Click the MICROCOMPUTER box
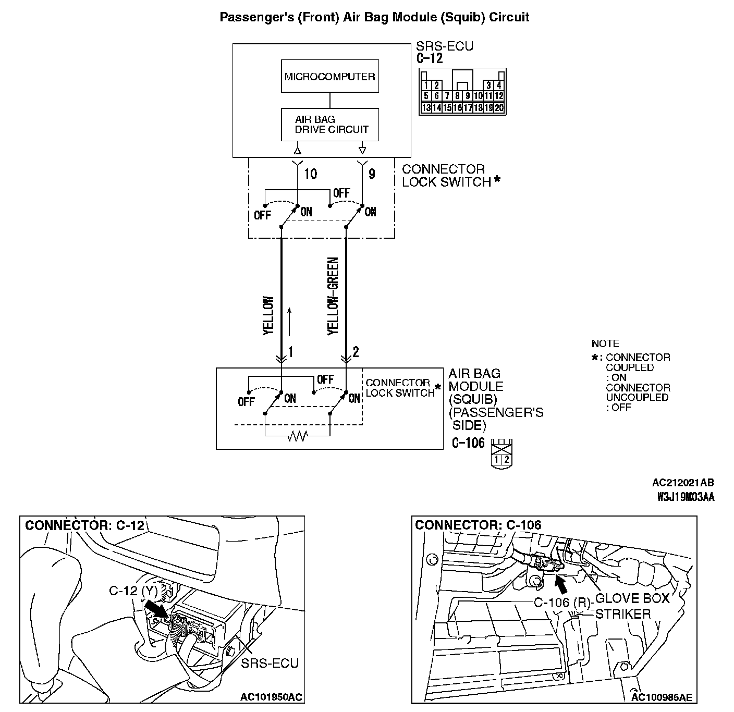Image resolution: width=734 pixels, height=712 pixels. coord(329,77)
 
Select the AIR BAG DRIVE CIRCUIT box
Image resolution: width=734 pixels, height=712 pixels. coord(329,125)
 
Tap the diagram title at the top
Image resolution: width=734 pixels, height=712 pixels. coord(374,17)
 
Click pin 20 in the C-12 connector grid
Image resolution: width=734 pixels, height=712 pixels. coord(499,108)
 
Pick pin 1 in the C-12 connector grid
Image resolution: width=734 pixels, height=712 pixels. coord(426,85)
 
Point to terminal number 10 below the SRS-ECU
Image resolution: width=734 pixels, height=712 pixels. coord(311,174)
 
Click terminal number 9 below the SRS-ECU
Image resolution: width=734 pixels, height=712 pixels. coord(372,174)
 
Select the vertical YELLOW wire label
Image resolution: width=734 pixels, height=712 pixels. coord(268,315)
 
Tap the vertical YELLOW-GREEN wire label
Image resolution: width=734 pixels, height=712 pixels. coord(333,296)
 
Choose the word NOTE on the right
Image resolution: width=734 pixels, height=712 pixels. coord(605,344)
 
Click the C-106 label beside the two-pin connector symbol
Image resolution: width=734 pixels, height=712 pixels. coord(468,444)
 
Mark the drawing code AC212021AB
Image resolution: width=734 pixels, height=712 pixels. coord(683,483)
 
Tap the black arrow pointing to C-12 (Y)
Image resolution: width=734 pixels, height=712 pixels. coord(155,608)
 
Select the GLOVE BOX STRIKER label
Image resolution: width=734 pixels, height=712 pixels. coord(631,606)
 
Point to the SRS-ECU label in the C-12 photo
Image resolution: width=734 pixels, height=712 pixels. coord(270,663)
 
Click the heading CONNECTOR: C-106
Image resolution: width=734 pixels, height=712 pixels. coord(478,525)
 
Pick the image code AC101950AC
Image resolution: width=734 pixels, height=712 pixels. coord(271,697)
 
